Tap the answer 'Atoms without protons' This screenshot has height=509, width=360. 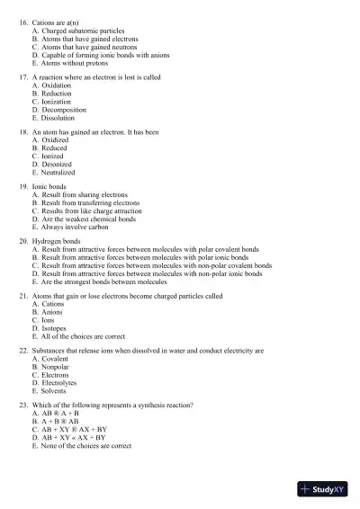tap(74, 63)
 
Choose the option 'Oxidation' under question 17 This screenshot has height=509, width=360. tap(60, 85)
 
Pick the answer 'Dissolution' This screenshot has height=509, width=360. tap(62, 118)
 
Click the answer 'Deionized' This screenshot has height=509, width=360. tap(59, 165)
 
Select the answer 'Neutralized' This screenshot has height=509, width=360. tap(62, 172)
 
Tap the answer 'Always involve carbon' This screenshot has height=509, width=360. tap(76, 227)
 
